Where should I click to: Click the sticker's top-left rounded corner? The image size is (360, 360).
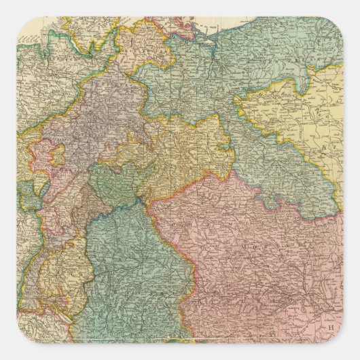point(21,21)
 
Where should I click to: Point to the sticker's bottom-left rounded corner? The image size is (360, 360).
point(21,339)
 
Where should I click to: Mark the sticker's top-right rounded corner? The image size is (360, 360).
point(339,21)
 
